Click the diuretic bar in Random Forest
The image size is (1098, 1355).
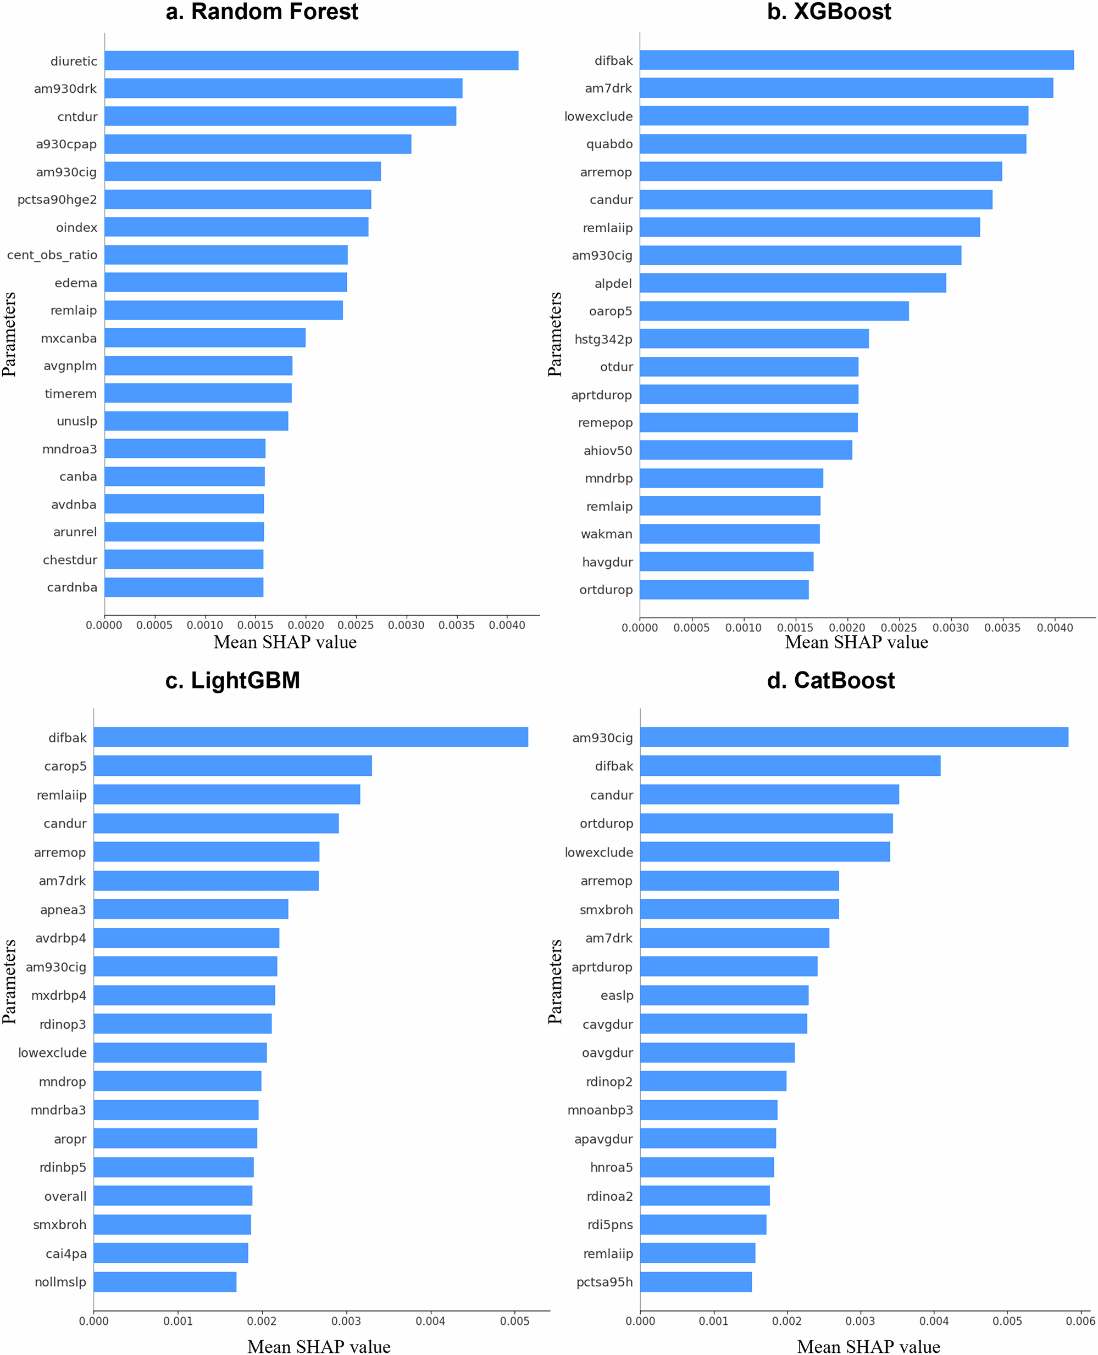point(311,61)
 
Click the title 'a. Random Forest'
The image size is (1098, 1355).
point(262,12)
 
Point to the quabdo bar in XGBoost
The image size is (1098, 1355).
point(833,144)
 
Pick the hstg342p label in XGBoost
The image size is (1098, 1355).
point(603,339)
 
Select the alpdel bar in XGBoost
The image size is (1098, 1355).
point(792,283)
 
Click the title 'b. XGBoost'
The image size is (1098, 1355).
point(829,12)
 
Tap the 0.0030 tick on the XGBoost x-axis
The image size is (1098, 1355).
point(951,628)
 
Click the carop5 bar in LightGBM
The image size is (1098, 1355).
point(233,766)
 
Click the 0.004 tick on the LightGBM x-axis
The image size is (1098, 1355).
point(431,1321)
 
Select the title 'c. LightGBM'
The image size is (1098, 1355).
point(233,681)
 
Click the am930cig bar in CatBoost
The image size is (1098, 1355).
point(854,737)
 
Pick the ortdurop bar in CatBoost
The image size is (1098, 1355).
point(766,824)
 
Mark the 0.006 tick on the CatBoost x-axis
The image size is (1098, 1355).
point(1080,1321)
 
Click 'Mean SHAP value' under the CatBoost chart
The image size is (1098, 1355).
point(868,1346)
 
